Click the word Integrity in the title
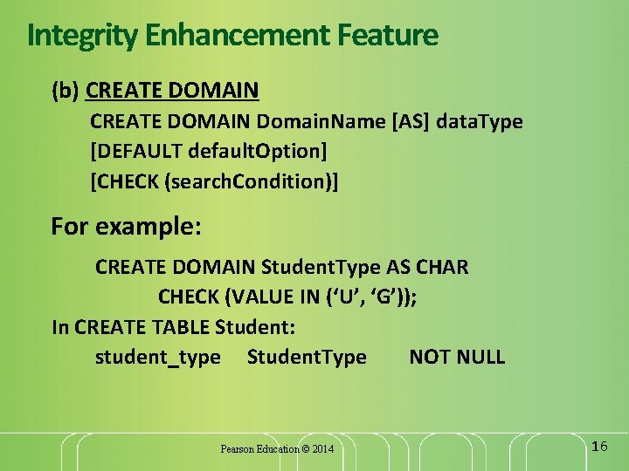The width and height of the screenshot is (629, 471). point(72,36)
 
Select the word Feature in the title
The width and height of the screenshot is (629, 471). point(385,36)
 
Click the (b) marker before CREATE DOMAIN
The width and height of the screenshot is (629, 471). point(66,90)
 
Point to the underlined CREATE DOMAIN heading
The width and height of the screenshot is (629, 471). point(173,90)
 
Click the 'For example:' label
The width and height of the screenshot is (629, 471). point(127,227)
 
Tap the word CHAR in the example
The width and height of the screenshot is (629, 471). point(442,266)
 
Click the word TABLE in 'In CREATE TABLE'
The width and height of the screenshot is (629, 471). point(181,327)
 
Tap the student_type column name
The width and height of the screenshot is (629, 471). point(157,357)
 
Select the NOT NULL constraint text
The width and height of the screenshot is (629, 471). point(457,357)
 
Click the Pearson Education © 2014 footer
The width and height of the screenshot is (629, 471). point(277,449)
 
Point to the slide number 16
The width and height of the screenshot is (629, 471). point(599,447)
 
